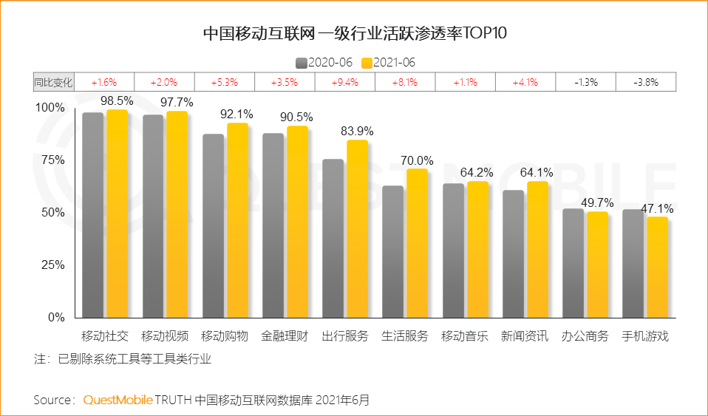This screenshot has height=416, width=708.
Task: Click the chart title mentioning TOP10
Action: (355, 35)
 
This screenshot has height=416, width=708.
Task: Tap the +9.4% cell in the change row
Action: (344, 82)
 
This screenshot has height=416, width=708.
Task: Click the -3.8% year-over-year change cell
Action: (645, 82)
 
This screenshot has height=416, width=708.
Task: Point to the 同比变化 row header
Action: (53, 82)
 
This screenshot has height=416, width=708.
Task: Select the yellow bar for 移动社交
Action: (117, 214)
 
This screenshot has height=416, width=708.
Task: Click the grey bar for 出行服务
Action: (333, 238)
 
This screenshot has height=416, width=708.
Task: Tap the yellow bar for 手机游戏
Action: (657, 267)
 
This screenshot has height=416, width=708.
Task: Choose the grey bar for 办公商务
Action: (573, 263)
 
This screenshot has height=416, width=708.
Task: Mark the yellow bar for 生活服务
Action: (417, 244)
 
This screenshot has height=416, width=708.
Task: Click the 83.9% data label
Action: (357, 131)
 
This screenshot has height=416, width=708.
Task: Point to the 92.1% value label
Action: (237, 114)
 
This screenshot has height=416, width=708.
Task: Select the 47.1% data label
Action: (657, 208)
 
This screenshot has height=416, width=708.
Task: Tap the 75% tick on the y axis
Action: (51, 160)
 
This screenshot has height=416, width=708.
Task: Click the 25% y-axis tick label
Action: (51, 265)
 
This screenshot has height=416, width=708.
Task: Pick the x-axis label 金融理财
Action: (285, 336)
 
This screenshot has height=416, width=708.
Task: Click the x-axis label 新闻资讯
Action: (525, 336)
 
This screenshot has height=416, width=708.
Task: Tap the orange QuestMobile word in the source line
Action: (118, 400)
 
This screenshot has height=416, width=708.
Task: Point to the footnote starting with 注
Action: (123, 360)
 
